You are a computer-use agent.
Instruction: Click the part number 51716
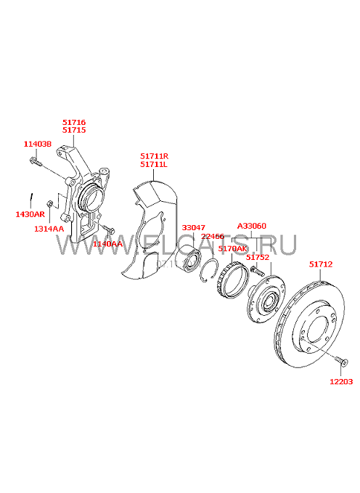click(74, 122)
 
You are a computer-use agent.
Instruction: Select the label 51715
click(74, 130)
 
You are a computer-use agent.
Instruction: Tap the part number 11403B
click(38, 144)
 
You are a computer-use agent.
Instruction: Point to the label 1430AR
click(30, 214)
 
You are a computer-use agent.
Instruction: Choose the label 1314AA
click(49, 229)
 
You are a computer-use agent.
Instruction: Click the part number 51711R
click(154, 156)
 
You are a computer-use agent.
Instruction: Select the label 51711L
click(154, 164)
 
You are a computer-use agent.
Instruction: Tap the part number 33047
click(193, 228)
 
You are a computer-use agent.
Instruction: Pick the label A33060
click(252, 226)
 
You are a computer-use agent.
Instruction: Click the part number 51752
click(258, 257)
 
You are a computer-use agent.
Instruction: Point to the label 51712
click(320, 264)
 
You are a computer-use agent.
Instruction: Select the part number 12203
click(341, 382)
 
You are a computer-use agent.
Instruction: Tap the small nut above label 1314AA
click(49, 204)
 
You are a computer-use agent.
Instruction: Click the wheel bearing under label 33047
click(188, 258)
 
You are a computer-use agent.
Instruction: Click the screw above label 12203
click(341, 361)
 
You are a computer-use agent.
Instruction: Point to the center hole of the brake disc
click(318, 330)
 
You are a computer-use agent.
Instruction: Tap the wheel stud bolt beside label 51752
click(256, 271)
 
